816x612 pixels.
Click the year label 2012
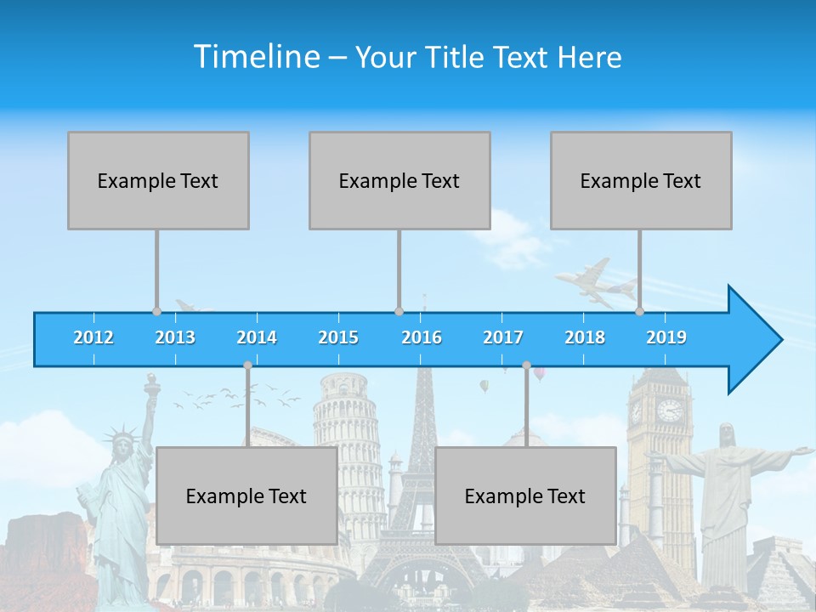[x=93, y=337]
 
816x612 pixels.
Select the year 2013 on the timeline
[x=175, y=337]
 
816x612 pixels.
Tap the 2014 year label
[x=257, y=337]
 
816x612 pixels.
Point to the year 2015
[x=338, y=337]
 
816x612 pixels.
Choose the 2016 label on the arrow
[x=422, y=337]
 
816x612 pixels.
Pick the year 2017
[x=503, y=337]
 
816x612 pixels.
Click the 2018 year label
[x=585, y=337]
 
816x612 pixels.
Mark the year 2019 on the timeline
[x=666, y=337]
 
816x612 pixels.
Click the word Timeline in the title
[x=255, y=57]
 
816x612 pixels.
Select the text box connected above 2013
[x=158, y=180]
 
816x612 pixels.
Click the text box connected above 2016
[x=399, y=180]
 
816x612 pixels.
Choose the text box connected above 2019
[x=641, y=180]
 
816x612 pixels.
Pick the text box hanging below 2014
[x=246, y=496]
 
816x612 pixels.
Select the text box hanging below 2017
[x=525, y=496]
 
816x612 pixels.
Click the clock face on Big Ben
[x=669, y=411]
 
